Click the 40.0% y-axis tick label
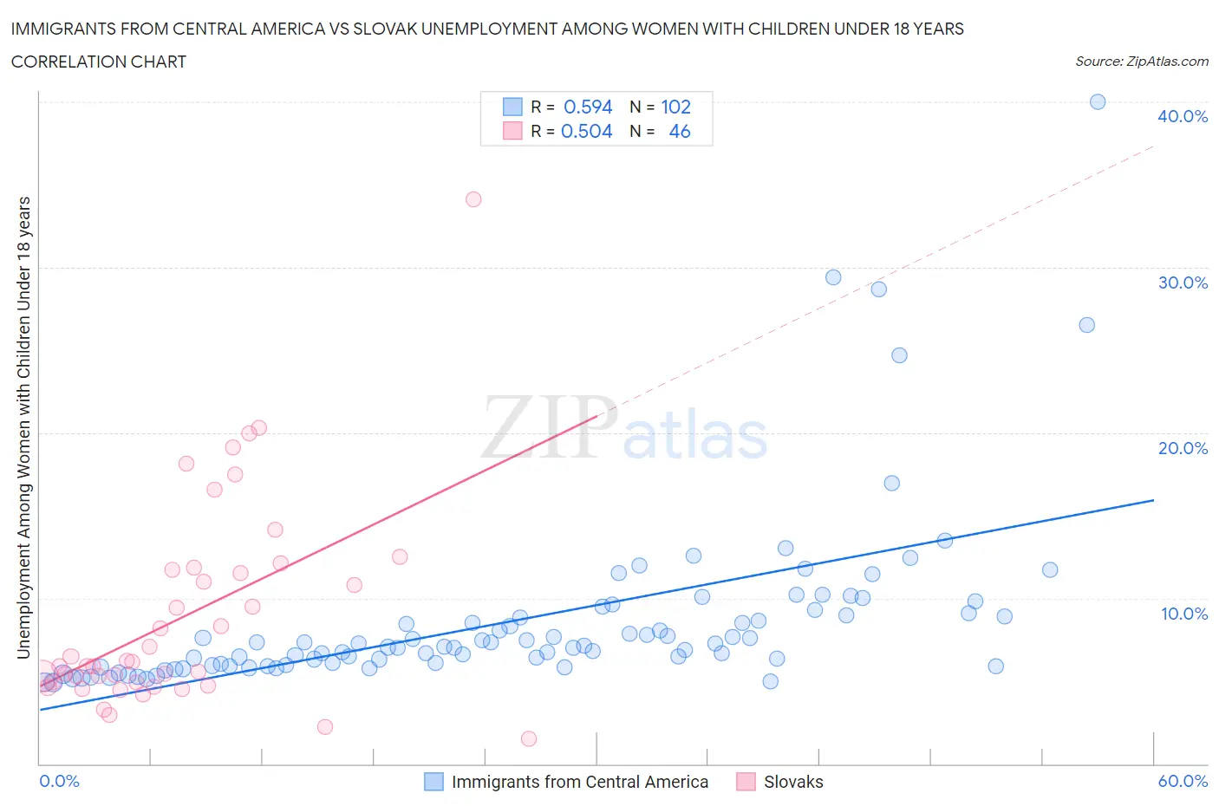coord(1182,116)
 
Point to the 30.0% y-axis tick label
coord(1182,283)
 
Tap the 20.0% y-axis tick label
coord(1182,448)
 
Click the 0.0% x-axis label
coord(59,781)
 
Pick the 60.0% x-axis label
coord(1183,781)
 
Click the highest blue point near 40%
coord(1097,102)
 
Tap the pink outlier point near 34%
coord(473,199)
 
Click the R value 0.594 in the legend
coord(588,107)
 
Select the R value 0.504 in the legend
coord(587,131)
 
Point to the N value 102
coord(675,107)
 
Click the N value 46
coord(680,131)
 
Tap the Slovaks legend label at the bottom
coord(792,782)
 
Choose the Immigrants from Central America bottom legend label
coord(579,782)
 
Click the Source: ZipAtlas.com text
coord(1141,62)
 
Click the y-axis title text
coord(23,427)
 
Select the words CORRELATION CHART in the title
coord(99,62)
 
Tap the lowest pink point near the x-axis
coord(529,738)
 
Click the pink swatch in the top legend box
coord(512,131)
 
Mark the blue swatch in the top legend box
coord(512,107)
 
